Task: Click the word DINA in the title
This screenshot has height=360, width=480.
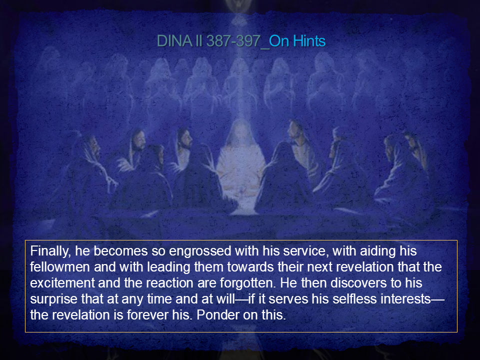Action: click(174, 41)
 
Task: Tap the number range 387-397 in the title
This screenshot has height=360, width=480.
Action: click(233, 41)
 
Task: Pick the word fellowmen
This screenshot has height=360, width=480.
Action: click(60, 267)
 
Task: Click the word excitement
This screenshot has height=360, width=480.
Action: click(62, 283)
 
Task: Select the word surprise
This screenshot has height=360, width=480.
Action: click(54, 299)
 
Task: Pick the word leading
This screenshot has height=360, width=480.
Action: click(169, 267)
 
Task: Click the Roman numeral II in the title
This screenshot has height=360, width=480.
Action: click(198, 41)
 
